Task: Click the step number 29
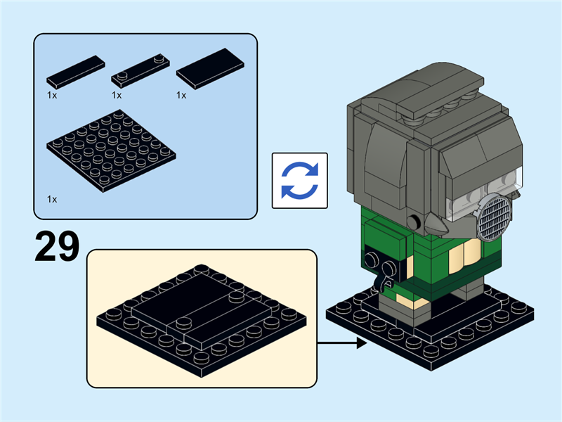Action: coord(57,247)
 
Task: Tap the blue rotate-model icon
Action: coord(300,181)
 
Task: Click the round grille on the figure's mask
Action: coord(494,217)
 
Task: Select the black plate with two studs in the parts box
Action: coord(140,71)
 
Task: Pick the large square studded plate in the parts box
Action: coord(111,151)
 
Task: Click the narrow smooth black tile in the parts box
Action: coord(76,72)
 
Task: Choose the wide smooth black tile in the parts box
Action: coord(210,68)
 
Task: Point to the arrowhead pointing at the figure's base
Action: coord(362,343)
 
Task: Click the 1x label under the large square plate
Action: coord(52,199)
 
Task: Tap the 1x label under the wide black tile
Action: coord(181,95)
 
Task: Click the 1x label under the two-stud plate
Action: coord(117,95)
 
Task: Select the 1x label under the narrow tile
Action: coord(52,95)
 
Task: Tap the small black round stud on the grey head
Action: coord(414,222)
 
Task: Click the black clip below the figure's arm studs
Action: coord(383,283)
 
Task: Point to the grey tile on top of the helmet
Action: coord(440,98)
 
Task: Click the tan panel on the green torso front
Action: coord(464,252)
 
